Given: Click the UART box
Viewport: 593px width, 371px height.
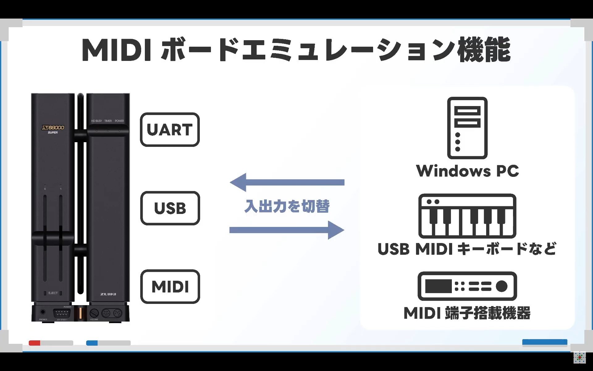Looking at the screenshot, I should (x=170, y=130).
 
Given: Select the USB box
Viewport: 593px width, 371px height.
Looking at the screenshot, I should (x=170, y=208).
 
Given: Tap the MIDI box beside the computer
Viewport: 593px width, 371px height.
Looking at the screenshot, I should (x=170, y=287).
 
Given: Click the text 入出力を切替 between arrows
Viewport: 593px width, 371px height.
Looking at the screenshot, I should (x=287, y=206).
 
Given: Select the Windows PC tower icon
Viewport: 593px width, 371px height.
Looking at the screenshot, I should (x=467, y=128).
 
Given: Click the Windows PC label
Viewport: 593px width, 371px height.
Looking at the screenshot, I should (x=467, y=171).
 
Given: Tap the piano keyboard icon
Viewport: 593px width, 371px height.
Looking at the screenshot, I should (x=467, y=216).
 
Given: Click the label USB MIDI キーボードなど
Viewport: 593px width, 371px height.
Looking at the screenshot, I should (x=467, y=249).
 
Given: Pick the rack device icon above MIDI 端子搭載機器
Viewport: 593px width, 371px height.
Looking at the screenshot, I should (x=467, y=286).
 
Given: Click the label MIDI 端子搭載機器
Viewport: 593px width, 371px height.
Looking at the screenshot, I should (x=467, y=313).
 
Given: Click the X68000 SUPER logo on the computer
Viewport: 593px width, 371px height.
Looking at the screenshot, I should (x=53, y=129).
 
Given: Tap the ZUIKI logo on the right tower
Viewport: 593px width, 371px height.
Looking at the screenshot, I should (x=108, y=294).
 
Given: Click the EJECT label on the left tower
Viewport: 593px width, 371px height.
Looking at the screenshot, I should (x=53, y=293).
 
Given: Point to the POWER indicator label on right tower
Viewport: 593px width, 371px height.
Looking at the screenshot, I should (x=119, y=121).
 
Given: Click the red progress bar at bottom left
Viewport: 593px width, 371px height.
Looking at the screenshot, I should (x=35, y=343).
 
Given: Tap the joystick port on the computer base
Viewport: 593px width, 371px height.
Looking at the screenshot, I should (x=62, y=313).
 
